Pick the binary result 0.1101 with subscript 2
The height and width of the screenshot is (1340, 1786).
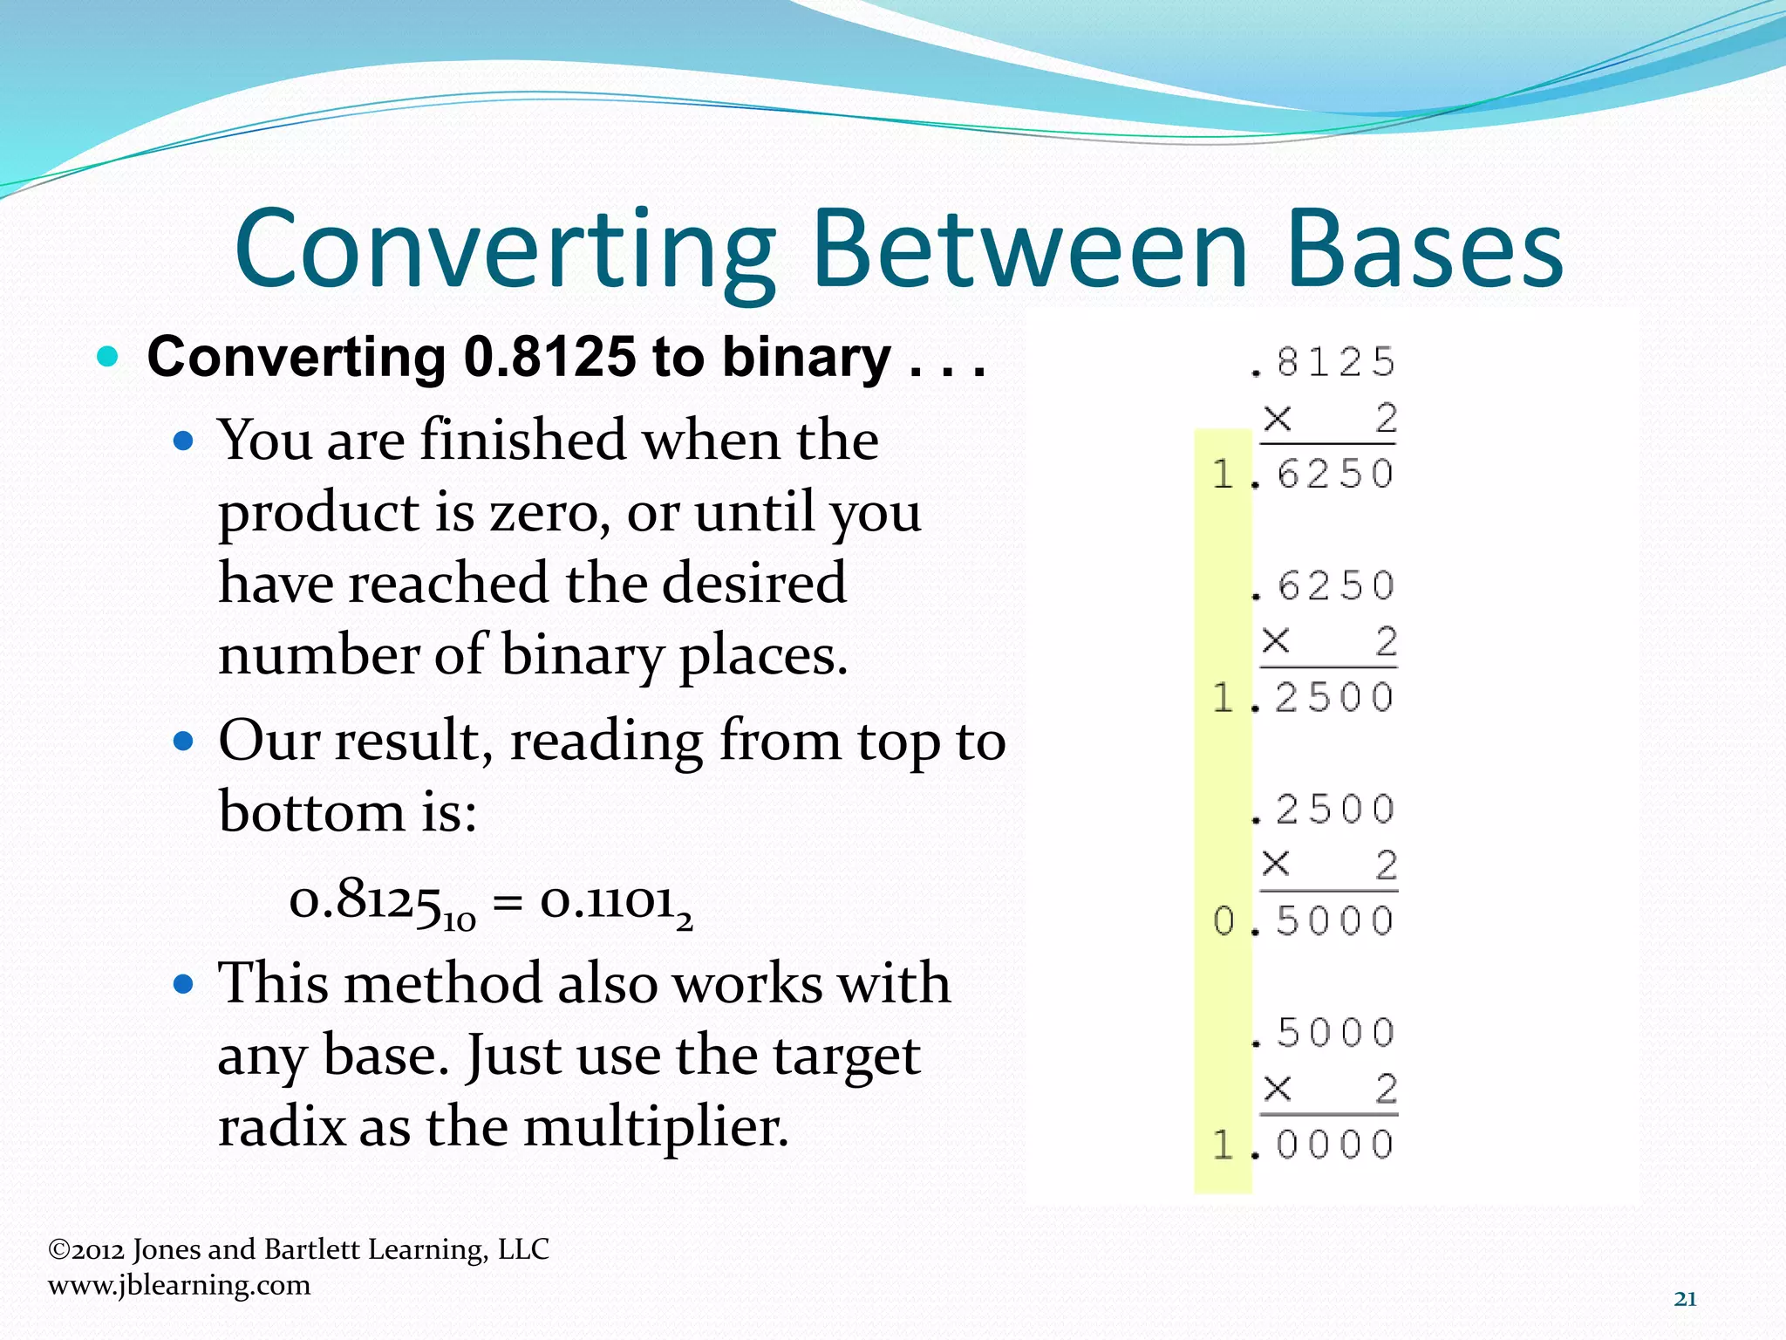coord(615,902)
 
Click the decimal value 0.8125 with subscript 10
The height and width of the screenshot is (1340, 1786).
coord(381,902)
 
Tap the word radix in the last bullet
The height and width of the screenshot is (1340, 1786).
coord(282,1127)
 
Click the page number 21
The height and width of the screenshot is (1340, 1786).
coord(1685,1299)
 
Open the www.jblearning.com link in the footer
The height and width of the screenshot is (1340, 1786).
coord(179,1285)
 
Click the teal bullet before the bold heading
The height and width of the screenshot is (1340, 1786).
coord(107,357)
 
